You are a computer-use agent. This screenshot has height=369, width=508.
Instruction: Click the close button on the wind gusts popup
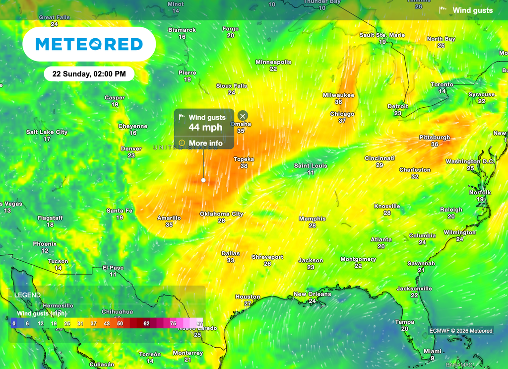coord(243,116)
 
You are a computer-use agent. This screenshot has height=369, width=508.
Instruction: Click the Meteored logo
coord(89,44)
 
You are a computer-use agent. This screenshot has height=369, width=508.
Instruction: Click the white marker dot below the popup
coord(203,180)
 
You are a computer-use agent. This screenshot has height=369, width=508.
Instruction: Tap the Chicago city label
coord(342,114)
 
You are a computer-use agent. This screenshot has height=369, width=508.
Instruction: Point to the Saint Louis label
coord(311,165)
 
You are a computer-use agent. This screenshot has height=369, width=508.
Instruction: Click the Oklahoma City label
coord(221,214)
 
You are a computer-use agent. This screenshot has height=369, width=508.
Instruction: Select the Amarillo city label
coord(169,218)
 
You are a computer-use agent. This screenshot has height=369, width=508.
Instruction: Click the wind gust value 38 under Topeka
coord(244,166)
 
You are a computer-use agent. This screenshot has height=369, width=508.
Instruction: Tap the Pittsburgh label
coord(435,137)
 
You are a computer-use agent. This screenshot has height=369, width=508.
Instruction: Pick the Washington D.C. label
coord(470,161)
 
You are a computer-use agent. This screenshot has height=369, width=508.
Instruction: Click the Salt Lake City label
coord(47,132)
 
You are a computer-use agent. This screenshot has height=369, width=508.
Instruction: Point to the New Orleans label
coord(312,294)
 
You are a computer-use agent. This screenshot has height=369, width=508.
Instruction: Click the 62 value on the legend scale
coord(146,323)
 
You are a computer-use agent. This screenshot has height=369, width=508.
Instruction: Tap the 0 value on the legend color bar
coord(14,323)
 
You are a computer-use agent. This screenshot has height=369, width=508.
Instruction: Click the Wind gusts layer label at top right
coord(472,10)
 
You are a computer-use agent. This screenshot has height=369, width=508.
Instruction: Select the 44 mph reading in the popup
coord(205,128)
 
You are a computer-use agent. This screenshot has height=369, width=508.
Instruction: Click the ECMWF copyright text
coord(461,331)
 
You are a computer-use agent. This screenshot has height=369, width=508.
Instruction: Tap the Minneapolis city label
coord(273,62)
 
